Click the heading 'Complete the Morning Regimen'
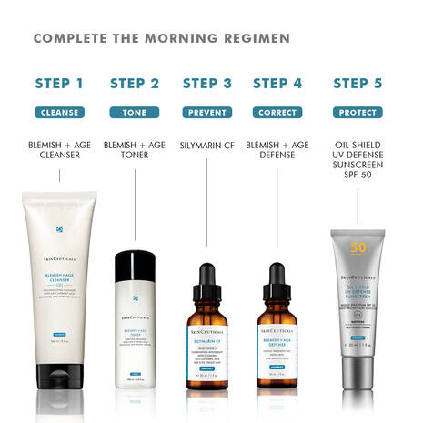[x=162, y=38]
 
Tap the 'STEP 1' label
[x=59, y=84]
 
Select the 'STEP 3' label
[x=207, y=84]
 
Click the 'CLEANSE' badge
[x=59, y=113]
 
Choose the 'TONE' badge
[x=134, y=113]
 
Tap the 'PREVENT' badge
[x=207, y=113]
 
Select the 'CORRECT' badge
[x=277, y=113]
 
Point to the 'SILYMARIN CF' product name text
[x=207, y=145]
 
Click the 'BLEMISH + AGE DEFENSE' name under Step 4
[x=277, y=151]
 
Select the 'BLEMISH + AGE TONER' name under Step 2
[x=134, y=151]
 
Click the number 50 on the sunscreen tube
[x=358, y=247]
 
